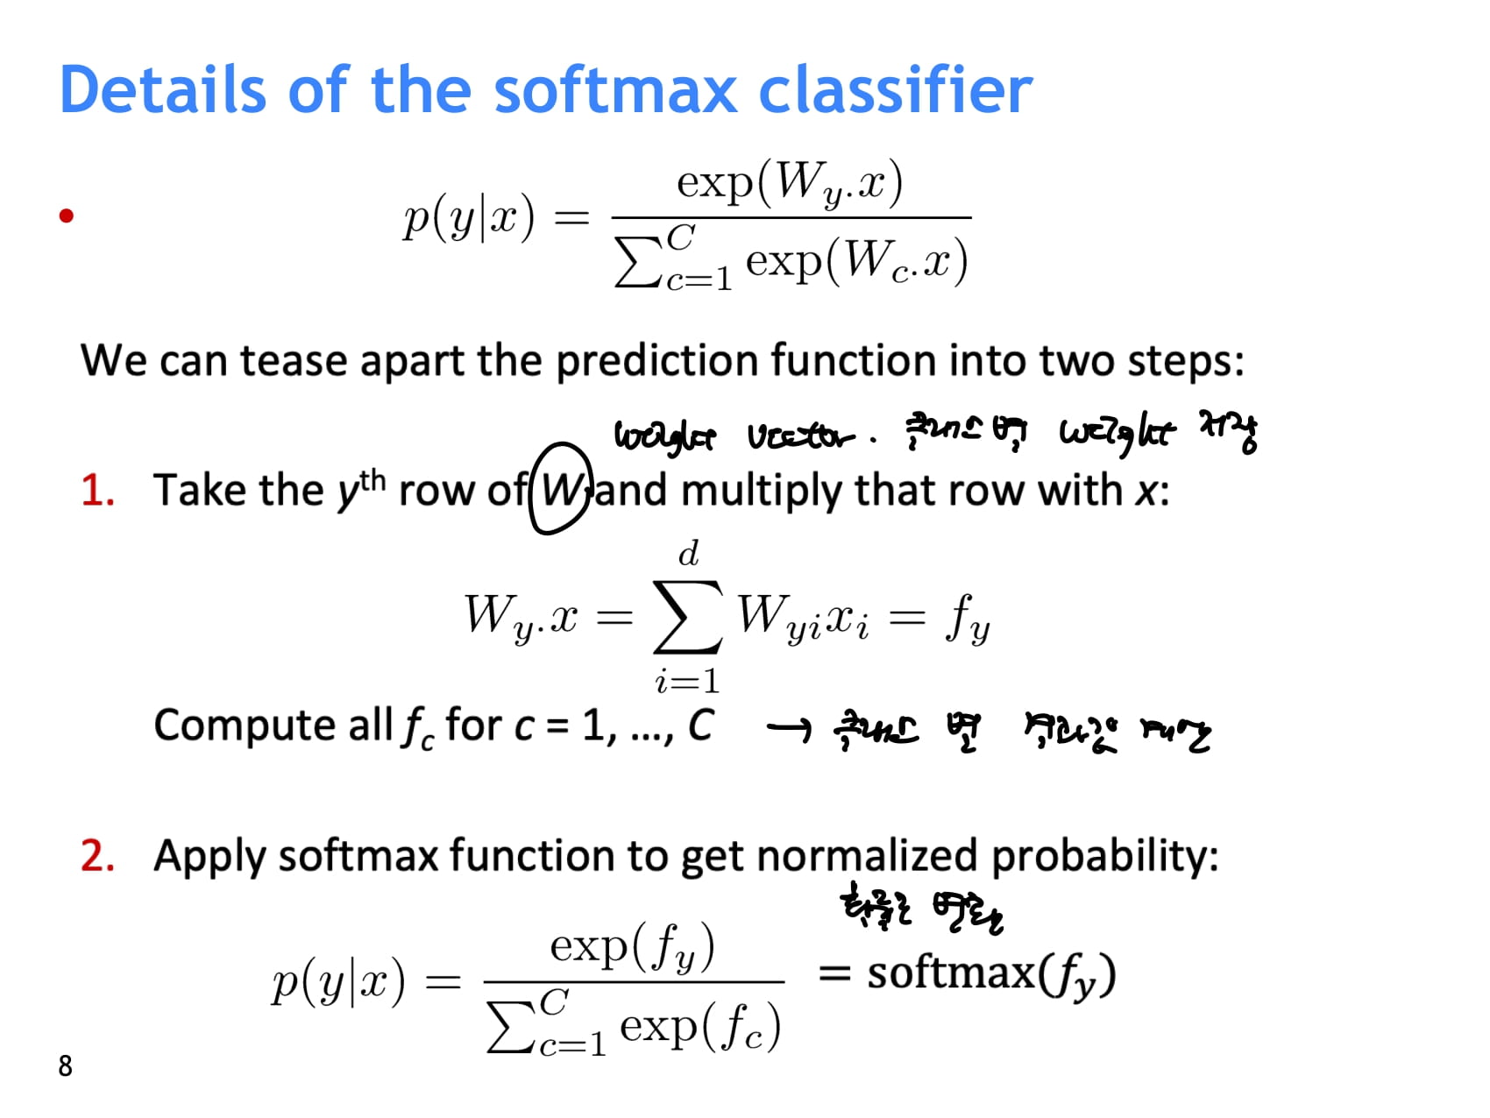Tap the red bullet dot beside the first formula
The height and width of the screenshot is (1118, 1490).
(x=66, y=216)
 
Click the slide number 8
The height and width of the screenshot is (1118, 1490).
(x=65, y=1065)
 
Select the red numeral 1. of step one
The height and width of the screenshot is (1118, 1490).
(x=97, y=491)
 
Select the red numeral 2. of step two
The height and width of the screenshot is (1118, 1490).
(x=97, y=856)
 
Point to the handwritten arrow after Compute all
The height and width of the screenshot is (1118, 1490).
(x=788, y=727)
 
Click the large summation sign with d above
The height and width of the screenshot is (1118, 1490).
(x=688, y=617)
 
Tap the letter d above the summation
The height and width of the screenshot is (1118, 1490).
(x=689, y=555)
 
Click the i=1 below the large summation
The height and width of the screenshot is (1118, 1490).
(x=687, y=681)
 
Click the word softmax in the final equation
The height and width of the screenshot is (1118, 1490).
(x=951, y=973)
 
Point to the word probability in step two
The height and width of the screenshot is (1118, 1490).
(x=1104, y=856)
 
